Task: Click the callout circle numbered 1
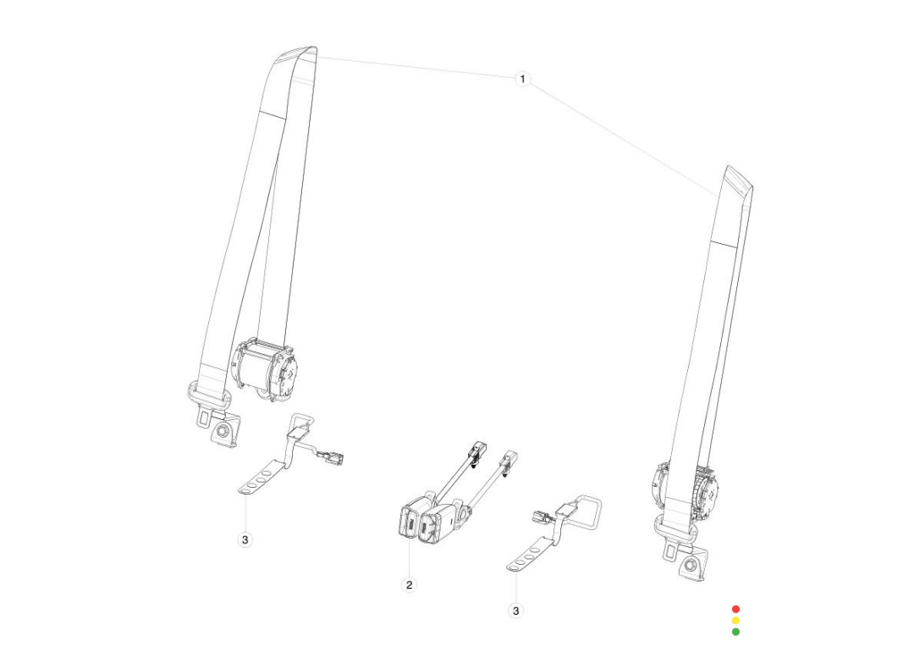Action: coord(522,79)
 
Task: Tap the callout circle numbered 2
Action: coord(410,584)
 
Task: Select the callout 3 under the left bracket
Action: coord(245,539)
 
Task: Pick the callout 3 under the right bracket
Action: coord(516,611)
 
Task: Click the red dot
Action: coord(735,609)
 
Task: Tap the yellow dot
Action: coord(735,620)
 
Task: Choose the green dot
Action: coord(735,631)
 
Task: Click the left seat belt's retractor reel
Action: coord(265,369)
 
